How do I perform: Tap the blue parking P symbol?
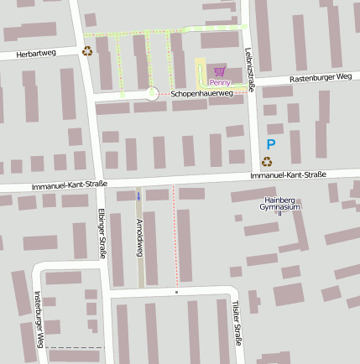[271, 144]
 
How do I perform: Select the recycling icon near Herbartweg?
[87, 51]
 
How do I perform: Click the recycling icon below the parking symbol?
[267, 161]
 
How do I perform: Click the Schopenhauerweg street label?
[201, 94]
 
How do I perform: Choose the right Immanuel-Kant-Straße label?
[288, 174]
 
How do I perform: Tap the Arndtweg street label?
[139, 238]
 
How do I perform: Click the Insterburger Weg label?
[39, 320]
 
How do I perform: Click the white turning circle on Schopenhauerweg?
[152, 94]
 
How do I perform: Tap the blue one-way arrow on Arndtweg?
[139, 196]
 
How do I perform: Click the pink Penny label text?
[220, 82]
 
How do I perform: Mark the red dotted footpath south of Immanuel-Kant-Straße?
[175, 239]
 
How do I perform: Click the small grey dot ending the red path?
[177, 293]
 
